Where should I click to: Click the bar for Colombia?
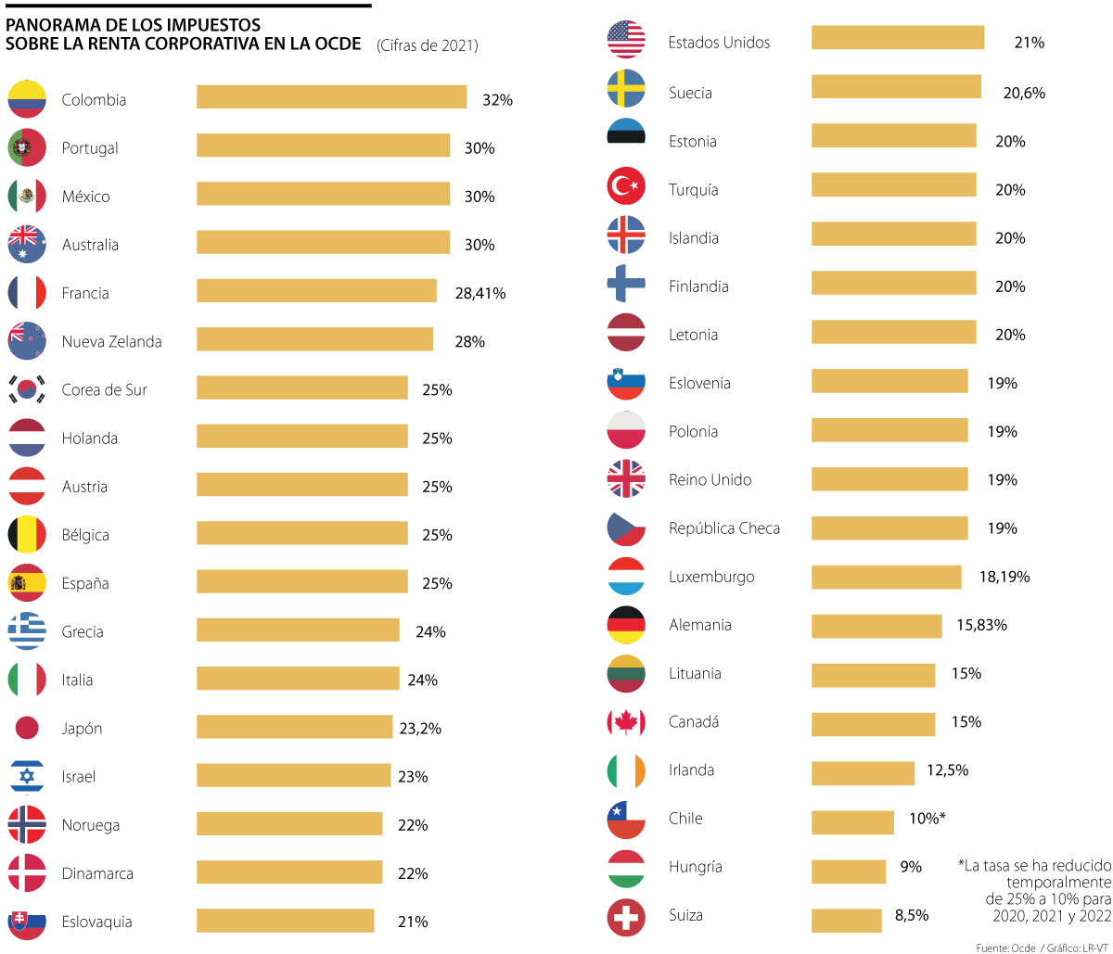point(331,97)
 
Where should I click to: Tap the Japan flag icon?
point(27,728)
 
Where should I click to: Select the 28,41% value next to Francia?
point(480,293)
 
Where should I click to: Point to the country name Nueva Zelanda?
point(111,341)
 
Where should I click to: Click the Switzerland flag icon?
point(626,916)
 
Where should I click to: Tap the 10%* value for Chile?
point(927,818)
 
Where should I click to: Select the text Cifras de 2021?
point(428,45)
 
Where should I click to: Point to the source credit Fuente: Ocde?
point(1005,947)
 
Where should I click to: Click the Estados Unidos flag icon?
point(626,39)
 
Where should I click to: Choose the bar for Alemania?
point(876,627)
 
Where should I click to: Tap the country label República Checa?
point(724,528)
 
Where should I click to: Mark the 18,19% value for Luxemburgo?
point(1004,577)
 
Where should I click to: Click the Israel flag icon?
point(27,777)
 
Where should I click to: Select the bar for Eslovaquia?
point(285,921)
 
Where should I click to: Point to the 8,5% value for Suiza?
point(912,915)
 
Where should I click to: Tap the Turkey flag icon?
point(626,186)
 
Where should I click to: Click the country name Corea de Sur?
point(104,390)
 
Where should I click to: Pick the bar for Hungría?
point(848,871)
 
